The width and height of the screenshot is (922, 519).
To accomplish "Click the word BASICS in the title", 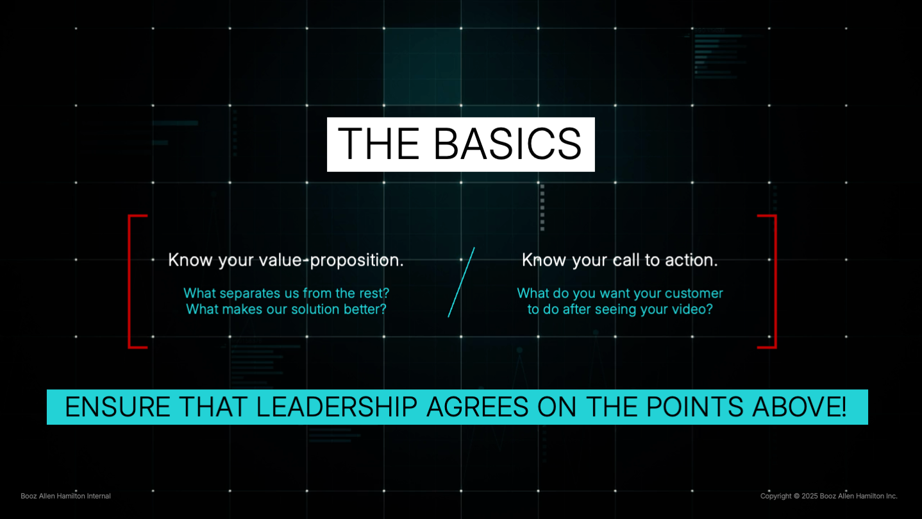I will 507,144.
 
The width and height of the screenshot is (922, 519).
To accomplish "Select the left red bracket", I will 131,282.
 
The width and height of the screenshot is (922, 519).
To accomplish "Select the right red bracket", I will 774,282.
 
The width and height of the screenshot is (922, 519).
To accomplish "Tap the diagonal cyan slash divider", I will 461,282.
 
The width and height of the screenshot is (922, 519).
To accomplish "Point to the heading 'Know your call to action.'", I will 619,260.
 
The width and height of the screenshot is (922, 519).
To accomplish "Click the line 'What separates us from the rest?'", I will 286,293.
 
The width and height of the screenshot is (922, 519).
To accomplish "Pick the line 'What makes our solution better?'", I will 286,309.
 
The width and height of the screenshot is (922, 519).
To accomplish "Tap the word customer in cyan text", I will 688,293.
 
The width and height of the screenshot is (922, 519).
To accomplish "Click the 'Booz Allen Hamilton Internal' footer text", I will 65,496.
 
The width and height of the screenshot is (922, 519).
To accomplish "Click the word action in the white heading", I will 690,260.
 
